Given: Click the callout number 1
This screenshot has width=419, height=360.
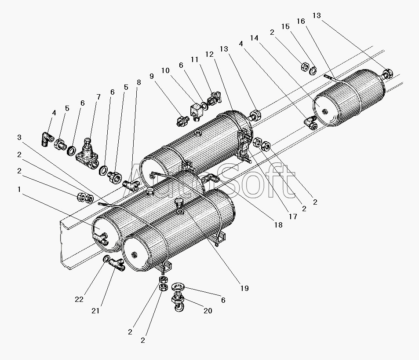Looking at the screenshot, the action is pyautogui.click(x=19, y=189).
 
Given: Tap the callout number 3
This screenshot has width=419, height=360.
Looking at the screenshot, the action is pyautogui.click(x=19, y=137).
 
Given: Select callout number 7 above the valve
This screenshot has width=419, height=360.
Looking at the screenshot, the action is pyautogui.click(x=98, y=96).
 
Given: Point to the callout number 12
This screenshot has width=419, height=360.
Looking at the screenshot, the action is pyautogui.click(x=209, y=54).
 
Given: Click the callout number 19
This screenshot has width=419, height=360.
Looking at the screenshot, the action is pyautogui.click(x=244, y=288).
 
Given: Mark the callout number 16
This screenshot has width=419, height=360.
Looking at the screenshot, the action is pyautogui.click(x=301, y=21).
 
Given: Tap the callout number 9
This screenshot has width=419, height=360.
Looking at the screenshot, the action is pyautogui.click(x=152, y=76).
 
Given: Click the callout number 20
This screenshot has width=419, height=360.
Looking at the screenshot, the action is pyautogui.click(x=208, y=310).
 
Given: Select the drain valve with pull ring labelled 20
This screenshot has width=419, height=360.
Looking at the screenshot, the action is pyautogui.click(x=179, y=303).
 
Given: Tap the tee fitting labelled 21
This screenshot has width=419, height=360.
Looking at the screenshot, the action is pyautogui.click(x=117, y=264).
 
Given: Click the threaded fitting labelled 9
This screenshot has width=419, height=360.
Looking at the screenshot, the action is pyautogui.click(x=182, y=119).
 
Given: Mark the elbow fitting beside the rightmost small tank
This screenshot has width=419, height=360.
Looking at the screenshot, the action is pyautogui.click(x=311, y=124).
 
